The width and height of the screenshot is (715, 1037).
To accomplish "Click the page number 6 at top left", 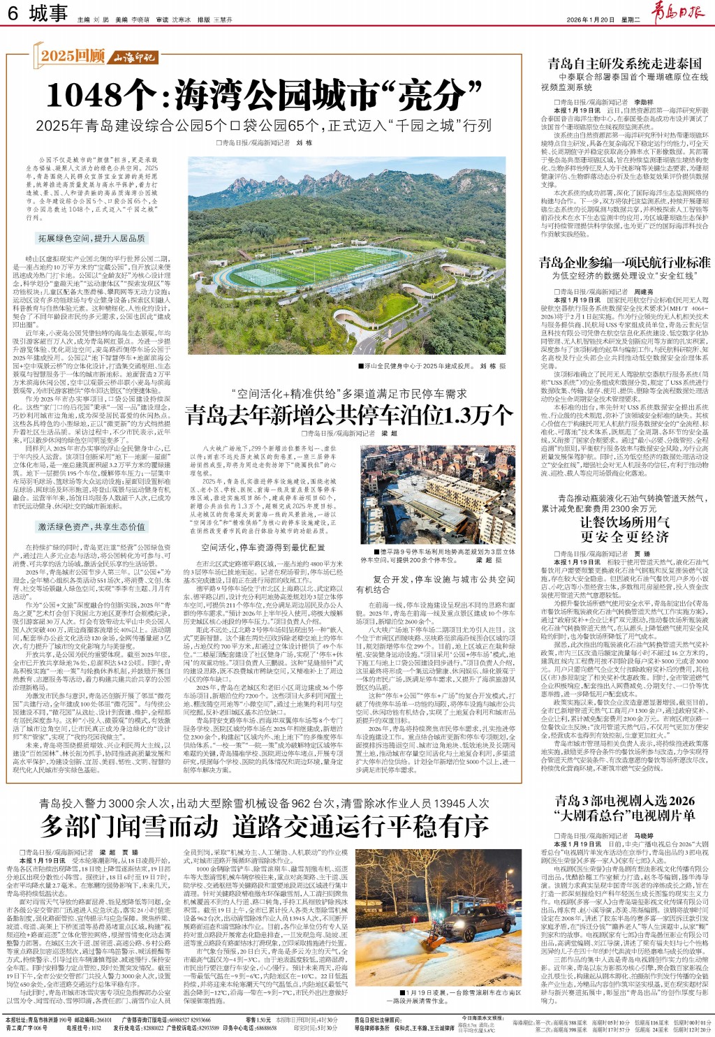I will (x=13, y=14).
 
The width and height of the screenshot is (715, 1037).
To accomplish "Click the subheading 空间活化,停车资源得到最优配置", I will (x=263, y=547).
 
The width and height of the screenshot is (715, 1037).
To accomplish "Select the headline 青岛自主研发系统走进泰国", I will (x=624, y=64).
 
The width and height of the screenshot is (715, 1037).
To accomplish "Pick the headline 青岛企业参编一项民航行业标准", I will (x=624, y=262).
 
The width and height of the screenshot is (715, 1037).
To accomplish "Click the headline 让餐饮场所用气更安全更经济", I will (x=624, y=529).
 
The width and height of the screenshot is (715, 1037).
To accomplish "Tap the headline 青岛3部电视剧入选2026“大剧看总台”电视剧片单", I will (x=624, y=807).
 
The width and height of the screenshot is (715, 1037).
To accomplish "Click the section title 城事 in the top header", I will (x=48, y=14).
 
